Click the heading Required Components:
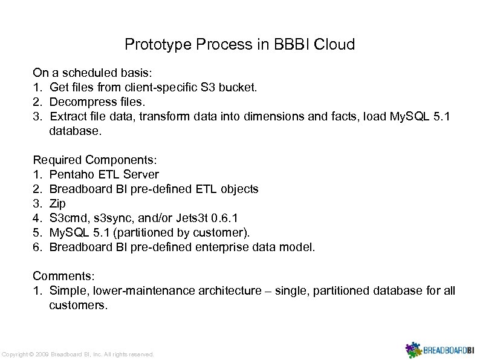pos(95,160)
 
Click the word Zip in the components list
pos(57,204)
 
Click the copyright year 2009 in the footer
pos(41,354)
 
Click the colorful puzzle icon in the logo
pos(413,349)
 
